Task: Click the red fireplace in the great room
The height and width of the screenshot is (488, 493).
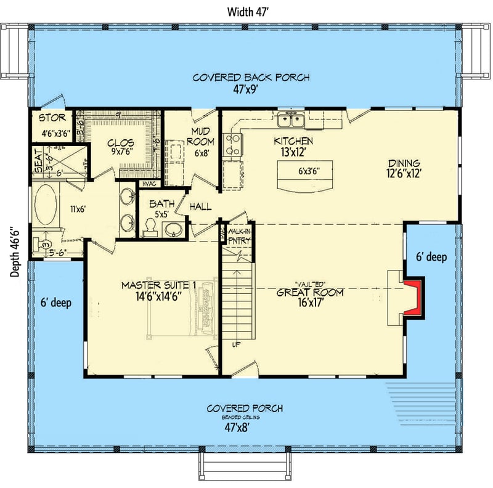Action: pos(414,298)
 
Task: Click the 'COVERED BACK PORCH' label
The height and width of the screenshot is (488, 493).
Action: pos(251,78)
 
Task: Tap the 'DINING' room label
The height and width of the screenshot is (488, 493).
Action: pos(404,163)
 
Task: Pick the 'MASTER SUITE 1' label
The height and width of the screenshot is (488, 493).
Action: pos(158,285)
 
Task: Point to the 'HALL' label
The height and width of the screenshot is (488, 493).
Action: pos(201,206)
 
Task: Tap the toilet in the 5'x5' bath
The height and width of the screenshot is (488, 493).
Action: pos(150,229)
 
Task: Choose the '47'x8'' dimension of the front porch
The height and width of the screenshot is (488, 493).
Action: pos(245,425)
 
